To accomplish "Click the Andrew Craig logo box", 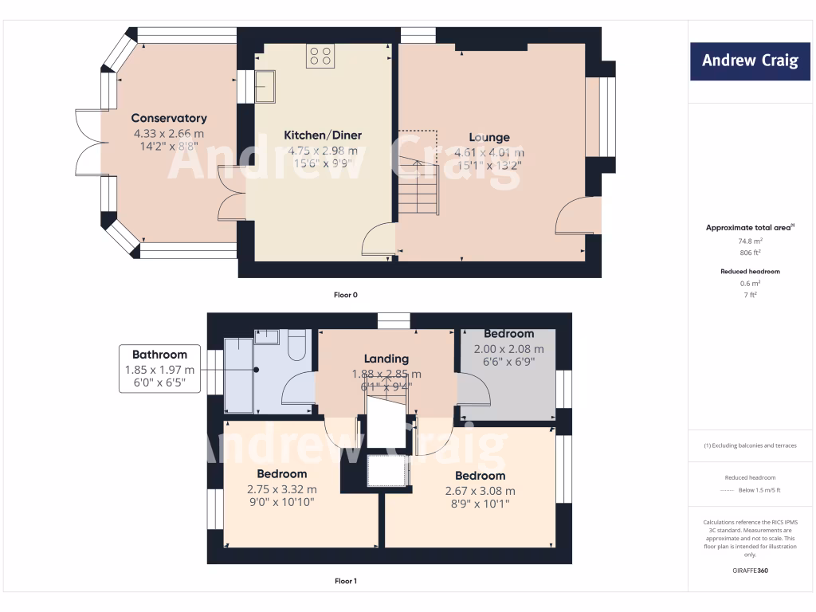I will point(750,61).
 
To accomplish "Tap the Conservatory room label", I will point(169,119).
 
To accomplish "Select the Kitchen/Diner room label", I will point(323,135).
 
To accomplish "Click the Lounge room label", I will point(488,137).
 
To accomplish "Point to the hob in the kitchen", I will point(320,56).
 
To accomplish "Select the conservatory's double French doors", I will point(89,143).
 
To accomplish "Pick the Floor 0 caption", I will point(345,295).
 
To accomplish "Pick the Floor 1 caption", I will point(345,581).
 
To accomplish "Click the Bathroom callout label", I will point(160,355).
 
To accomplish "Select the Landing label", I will point(386,359).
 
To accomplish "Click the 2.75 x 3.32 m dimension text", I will point(281,489).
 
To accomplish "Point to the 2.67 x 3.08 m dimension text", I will point(480,491).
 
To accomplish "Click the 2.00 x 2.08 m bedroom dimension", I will point(508,349).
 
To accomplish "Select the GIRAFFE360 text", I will point(750,571).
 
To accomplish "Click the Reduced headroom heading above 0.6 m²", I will point(750,272).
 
